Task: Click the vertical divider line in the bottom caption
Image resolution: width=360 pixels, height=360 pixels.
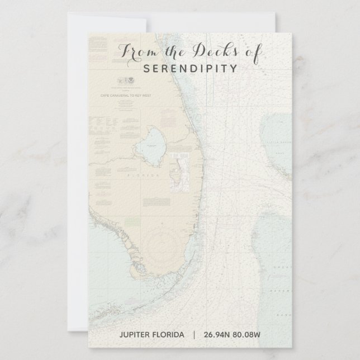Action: pyautogui.click(x=194, y=335)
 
